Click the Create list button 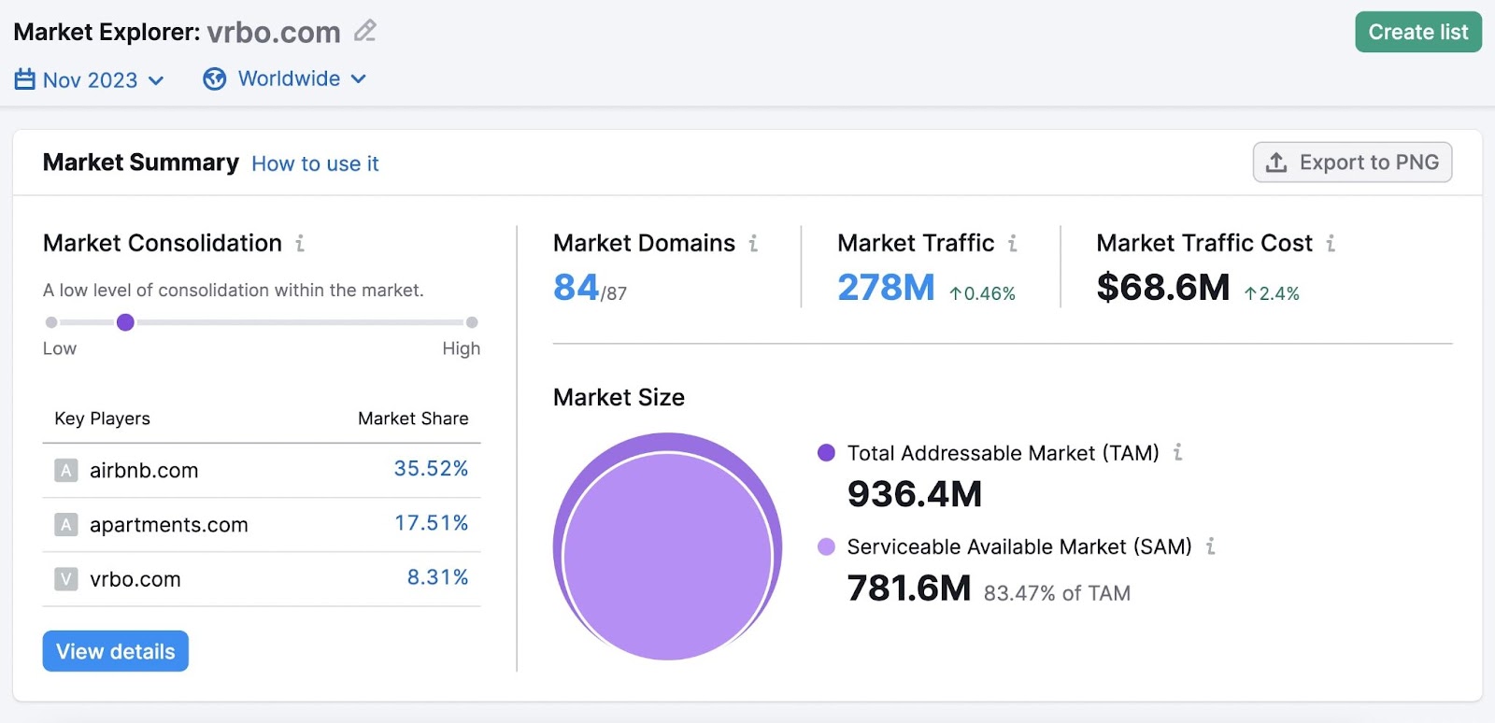(x=1417, y=32)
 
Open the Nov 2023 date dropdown (x=90, y=80)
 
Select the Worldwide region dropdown (x=285, y=79)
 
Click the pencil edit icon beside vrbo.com (x=364, y=31)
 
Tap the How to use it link (x=315, y=163)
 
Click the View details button (x=115, y=651)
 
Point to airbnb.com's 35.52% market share (x=430, y=469)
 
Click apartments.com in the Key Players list (x=168, y=525)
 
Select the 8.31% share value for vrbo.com (x=436, y=577)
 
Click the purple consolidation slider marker (x=125, y=322)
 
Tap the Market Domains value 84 (x=576, y=288)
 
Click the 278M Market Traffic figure (x=885, y=288)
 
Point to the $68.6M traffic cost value (x=1162, y=288)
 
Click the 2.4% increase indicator (x=1272, y=293)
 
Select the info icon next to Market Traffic (x=1012, y=244)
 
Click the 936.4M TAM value (x=914, y=494)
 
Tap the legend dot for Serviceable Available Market (x=826, y=546)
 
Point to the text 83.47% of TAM (x=1057, y=593)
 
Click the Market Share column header (x=413, y=418)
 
